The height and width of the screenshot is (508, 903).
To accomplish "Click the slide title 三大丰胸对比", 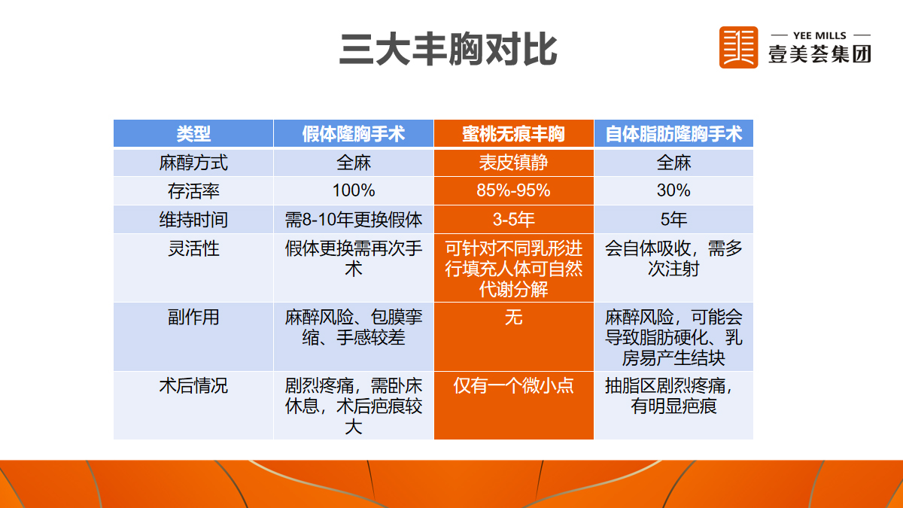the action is tap(448, 49).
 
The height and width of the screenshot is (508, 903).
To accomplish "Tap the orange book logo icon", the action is tap(738, 47).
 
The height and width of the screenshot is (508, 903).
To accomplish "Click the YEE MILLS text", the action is tap(819, 35).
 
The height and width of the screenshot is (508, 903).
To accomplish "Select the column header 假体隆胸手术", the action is tap(354, 134).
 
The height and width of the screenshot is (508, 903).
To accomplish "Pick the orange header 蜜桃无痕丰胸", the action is tap(513, 134).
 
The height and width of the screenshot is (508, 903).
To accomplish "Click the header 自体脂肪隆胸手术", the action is tap(673, 134).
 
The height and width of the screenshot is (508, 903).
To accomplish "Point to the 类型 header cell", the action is tap(193, 134).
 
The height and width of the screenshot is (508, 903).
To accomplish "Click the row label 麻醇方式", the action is tap(193, 163).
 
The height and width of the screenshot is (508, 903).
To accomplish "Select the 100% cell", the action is tap(354, 190).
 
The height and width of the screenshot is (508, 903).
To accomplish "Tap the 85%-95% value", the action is tap(513, 190).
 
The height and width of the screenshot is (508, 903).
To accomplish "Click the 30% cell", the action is tap(673, 190).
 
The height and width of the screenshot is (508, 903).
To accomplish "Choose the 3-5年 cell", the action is tap(513, 219).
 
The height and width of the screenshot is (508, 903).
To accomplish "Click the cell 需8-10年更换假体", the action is tap(354, 220).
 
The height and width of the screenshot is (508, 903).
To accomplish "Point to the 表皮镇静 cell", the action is tap(513, 163).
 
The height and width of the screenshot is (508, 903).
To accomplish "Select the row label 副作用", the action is tap(193, 317).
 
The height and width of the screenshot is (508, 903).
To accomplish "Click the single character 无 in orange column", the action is tap(513, 317).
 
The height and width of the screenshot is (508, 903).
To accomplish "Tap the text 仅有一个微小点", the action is tap(513, 386).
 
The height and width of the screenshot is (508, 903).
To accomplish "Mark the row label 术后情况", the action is tap(193, 386).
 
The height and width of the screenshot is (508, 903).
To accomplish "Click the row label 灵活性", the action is tap(193, 248).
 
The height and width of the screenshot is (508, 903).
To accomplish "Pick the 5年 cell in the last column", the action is tap(673, 219).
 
